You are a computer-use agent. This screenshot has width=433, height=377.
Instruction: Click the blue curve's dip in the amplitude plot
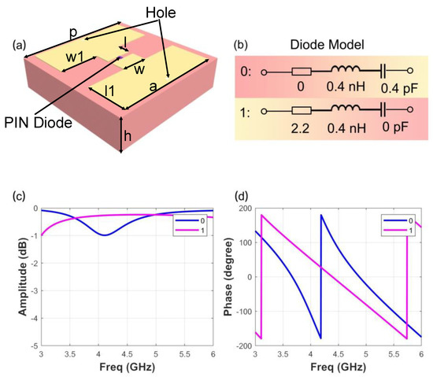click(x=103, y=235)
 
